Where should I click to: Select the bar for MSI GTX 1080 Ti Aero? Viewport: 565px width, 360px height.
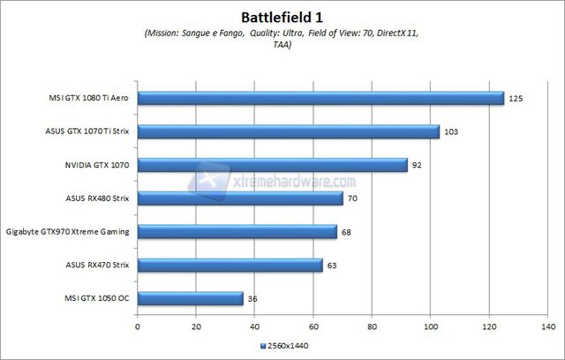click(320, 98)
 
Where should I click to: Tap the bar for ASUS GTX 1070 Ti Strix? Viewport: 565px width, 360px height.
click(289, 131)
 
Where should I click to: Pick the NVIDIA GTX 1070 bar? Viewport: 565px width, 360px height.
click(273, 164)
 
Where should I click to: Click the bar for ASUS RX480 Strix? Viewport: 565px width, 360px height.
click(240, 198)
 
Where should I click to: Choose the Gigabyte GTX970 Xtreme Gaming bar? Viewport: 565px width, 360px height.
click(237, 231)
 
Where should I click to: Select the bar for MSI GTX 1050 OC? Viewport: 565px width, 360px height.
click(191, 298)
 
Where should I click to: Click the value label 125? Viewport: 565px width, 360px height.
click(516, 99)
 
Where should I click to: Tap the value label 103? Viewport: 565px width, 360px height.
click(452, 132)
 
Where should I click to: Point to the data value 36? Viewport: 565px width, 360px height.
click(253, 299)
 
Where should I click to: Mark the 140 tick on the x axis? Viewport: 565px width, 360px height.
click(547, 325)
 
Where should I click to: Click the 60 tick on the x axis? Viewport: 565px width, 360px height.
click(313, 325)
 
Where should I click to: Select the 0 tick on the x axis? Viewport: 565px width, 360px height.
click(138, 325)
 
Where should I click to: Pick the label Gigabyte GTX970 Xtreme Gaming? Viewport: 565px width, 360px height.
click(68, 232)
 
